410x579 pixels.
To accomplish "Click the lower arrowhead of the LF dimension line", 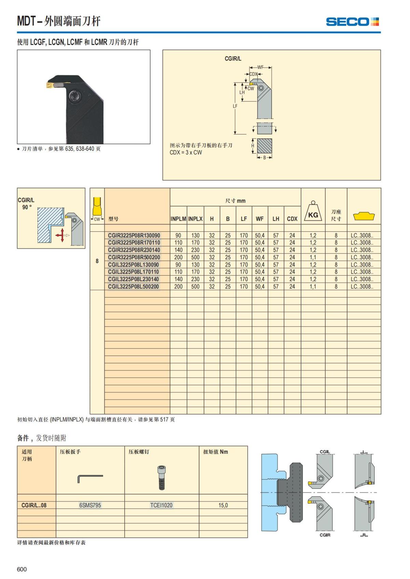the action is pos(235,133).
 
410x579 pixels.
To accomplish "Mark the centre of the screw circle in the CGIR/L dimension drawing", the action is pos(261,88).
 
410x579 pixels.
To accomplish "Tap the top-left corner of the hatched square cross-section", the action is pos(257,139).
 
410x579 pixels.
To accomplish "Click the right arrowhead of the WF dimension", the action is pos(270,68).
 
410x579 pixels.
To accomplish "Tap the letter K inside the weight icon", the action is pos(311,215).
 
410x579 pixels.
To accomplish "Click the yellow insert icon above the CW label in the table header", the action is pos(97,206).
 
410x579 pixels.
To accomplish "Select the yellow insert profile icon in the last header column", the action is pos(364,216).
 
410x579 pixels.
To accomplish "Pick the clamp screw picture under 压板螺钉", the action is pos(161,478).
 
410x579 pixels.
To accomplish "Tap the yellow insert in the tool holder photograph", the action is pos(50,85).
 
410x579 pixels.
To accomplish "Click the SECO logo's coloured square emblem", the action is pos(374,22).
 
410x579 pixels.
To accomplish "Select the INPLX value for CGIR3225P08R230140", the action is pos(195,250).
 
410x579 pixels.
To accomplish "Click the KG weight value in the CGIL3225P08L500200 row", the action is pos(313,287).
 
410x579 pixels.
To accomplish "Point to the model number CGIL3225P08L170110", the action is pos(133,272).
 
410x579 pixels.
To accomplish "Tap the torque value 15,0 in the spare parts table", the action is pos(223,505).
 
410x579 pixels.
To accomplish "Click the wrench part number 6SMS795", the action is pos(90,505).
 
